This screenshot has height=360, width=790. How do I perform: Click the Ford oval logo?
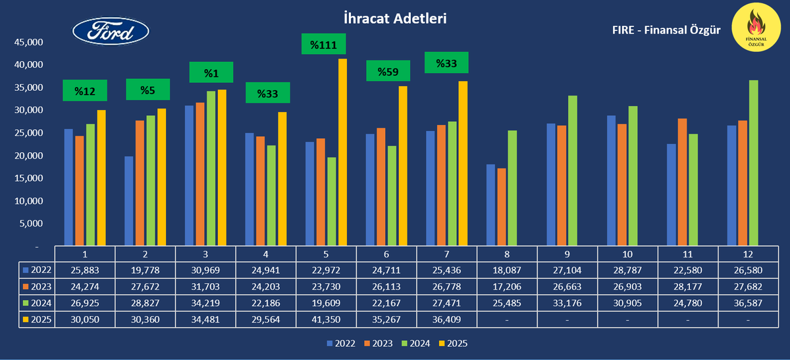pos(110,32)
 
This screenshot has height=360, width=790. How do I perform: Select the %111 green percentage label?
pos(323,44)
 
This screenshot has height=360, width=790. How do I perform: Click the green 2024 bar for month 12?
pos(735,163)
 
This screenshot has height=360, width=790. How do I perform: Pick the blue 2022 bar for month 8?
pos(490,205)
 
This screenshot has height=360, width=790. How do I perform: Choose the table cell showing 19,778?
pos(145,270)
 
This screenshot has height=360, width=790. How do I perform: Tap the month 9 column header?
pos(567,254)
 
